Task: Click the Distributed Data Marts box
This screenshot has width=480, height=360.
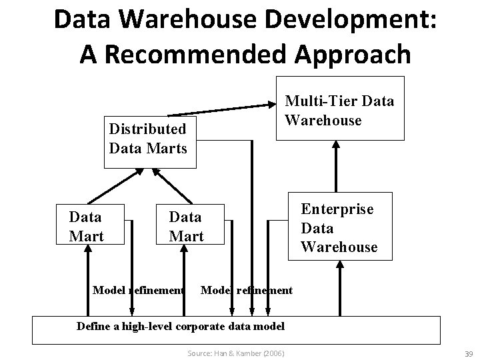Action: point(147,137)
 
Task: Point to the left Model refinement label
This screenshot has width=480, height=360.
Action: point(138,290)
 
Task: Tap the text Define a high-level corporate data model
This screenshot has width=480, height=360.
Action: point(181,326)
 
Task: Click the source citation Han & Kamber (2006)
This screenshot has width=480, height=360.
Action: point(236,351)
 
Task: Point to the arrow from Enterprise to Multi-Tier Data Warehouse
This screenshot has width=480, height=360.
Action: point(335,167)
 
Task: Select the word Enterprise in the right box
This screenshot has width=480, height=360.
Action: point(337,209)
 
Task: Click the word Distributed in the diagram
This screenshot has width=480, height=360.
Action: point(147,129)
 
